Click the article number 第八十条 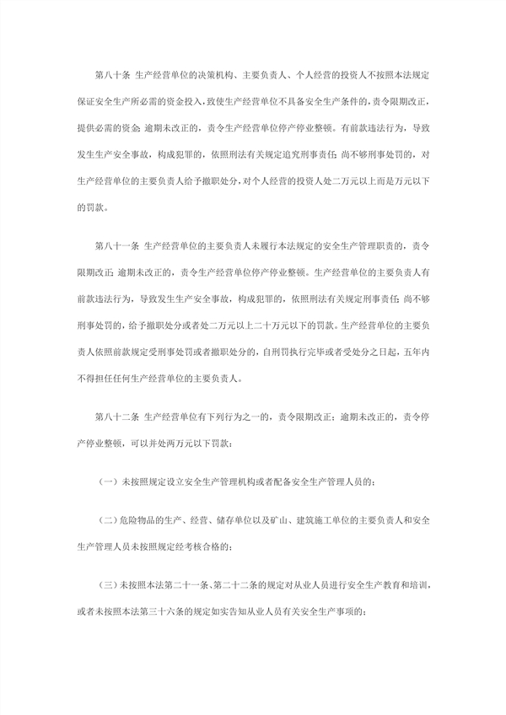pyautogui.click(x=115, y=78)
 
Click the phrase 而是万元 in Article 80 pyautogui.click(x=380, y=182)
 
